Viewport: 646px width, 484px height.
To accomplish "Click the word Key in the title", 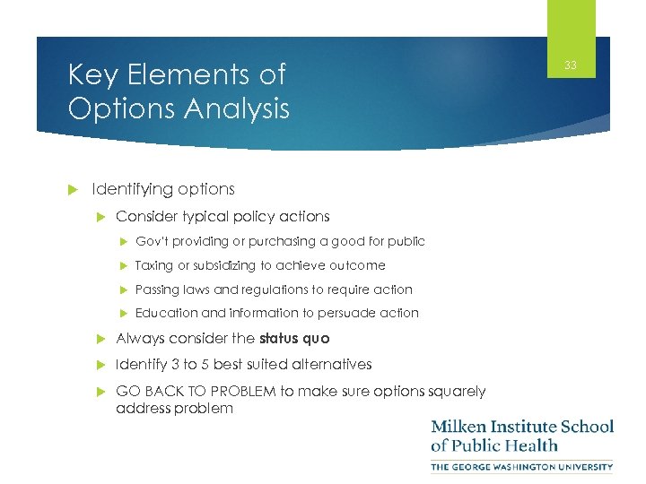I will click(90, 75).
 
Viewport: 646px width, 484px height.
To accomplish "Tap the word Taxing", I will click(153, 265).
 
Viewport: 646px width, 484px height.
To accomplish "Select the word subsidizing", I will click(221, 265).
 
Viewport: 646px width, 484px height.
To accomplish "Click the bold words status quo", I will click(294, 338).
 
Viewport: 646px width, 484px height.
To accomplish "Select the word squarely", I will click(456, 391).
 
